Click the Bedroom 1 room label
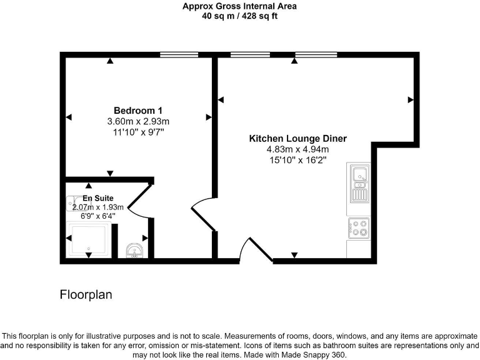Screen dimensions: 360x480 click(x=138, y=110)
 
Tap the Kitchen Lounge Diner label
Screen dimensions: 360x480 click(x=297, y=139)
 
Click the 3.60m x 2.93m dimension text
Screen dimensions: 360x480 click(x=138, y=121)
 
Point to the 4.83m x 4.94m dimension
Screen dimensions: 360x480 click(x=297, y=149)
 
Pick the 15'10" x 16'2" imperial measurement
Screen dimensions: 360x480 click(x=297, y=160)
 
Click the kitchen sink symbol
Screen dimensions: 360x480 click(x=359, y=182)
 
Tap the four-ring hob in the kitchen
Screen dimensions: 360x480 click(x=359, y=227)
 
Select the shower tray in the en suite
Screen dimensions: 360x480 click(x=88, y=239)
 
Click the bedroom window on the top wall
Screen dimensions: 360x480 click(x=179, y=55)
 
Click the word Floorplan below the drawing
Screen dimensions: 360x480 click(x=86, y=294)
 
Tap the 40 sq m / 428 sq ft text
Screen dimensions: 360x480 click(x=239, y=16)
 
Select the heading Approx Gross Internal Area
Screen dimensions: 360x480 click(x=239, y=6)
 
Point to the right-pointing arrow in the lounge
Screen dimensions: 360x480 click(x=411, y=99)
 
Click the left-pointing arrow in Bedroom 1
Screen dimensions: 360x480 click(x=69, y=117)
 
